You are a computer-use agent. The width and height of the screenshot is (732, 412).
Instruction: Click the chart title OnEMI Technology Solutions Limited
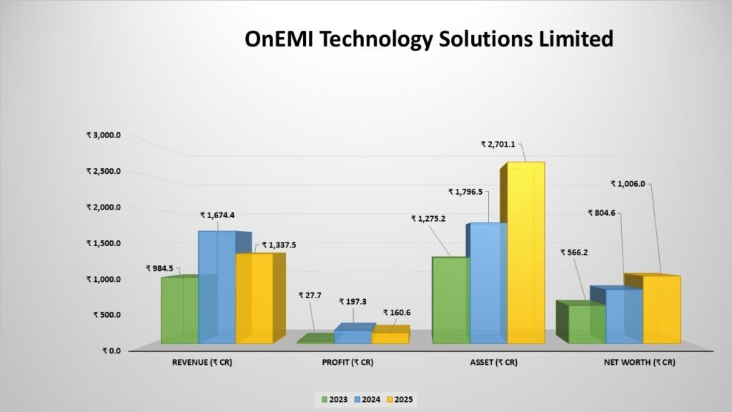point(429,39)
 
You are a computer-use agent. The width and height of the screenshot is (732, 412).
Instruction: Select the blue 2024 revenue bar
point(217,288)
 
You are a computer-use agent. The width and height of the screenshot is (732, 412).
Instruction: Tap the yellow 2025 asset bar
point(526,252)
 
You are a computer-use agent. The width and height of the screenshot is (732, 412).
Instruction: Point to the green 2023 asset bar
point(451,300)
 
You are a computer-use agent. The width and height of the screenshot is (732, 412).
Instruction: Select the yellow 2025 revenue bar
point(254,298)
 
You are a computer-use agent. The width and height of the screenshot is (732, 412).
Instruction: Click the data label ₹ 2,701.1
point(498,144)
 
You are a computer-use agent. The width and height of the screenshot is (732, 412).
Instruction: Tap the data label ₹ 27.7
point(310,295)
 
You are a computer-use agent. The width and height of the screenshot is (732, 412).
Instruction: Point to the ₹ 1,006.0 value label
point(628,184)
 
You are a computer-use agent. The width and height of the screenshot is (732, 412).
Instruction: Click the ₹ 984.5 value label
point(159,269)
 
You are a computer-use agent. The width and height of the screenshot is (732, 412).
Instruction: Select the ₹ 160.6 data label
point(397,313)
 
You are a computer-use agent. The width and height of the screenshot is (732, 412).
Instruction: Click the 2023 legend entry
point(335,399)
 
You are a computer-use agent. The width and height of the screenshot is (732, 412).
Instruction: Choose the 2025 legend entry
point(400,399)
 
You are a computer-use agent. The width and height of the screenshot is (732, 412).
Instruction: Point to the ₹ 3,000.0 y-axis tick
point(103,135)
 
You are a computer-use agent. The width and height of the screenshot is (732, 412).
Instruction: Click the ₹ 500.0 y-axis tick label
point(107,315)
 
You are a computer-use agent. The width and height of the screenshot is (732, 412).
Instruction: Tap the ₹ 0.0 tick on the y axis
point(111,350)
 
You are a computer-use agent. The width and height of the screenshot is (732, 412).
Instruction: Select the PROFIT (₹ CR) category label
point(348,363)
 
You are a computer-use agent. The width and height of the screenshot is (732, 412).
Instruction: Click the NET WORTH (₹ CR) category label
point(640,363)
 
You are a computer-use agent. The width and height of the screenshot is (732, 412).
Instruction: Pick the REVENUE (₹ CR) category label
point(202,363)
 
